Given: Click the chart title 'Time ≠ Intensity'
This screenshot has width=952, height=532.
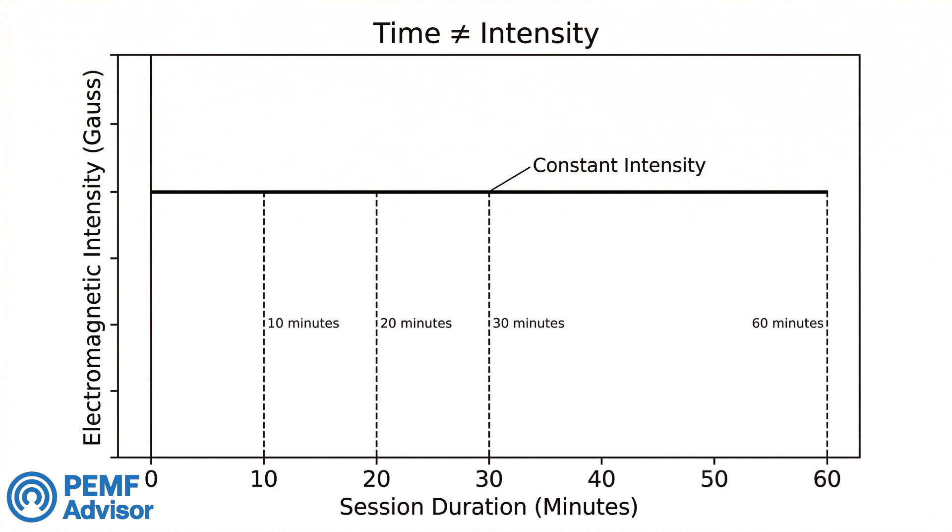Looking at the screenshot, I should point(485,34).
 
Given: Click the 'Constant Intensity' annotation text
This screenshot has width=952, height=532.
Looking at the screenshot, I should point(619,165).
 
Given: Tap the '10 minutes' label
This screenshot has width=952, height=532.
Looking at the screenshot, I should point(303,323).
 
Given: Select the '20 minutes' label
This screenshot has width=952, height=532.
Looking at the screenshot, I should point(416,323).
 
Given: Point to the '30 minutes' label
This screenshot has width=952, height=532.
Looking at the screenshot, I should point(529,323).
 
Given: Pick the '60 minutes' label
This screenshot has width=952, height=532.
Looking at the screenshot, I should point(787,323).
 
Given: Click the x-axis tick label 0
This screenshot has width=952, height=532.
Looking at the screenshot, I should point(151,479).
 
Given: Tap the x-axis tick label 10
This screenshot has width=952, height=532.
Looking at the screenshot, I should point(264,479).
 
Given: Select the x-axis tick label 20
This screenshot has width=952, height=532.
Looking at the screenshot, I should point(376,479).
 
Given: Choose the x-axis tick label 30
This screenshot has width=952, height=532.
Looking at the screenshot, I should point(489,479).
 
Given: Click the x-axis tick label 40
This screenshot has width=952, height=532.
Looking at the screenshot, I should point(601,479).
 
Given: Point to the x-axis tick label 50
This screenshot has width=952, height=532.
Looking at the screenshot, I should point(714,479).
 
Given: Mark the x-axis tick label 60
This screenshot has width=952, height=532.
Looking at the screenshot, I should point(827,479).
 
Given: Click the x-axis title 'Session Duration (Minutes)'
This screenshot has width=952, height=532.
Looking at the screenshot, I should point(488,507).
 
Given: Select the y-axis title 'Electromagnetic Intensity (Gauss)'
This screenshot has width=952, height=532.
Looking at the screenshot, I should point(92,257).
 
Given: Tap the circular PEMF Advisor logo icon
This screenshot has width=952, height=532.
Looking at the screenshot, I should point(32,497).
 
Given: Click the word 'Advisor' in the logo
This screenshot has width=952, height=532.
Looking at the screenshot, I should point(108,511).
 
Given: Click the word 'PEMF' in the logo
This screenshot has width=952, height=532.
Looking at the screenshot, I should point(102,486).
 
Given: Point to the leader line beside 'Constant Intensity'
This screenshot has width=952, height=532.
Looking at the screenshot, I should point(510,179).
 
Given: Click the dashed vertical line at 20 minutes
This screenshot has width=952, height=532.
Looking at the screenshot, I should point(376,387).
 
